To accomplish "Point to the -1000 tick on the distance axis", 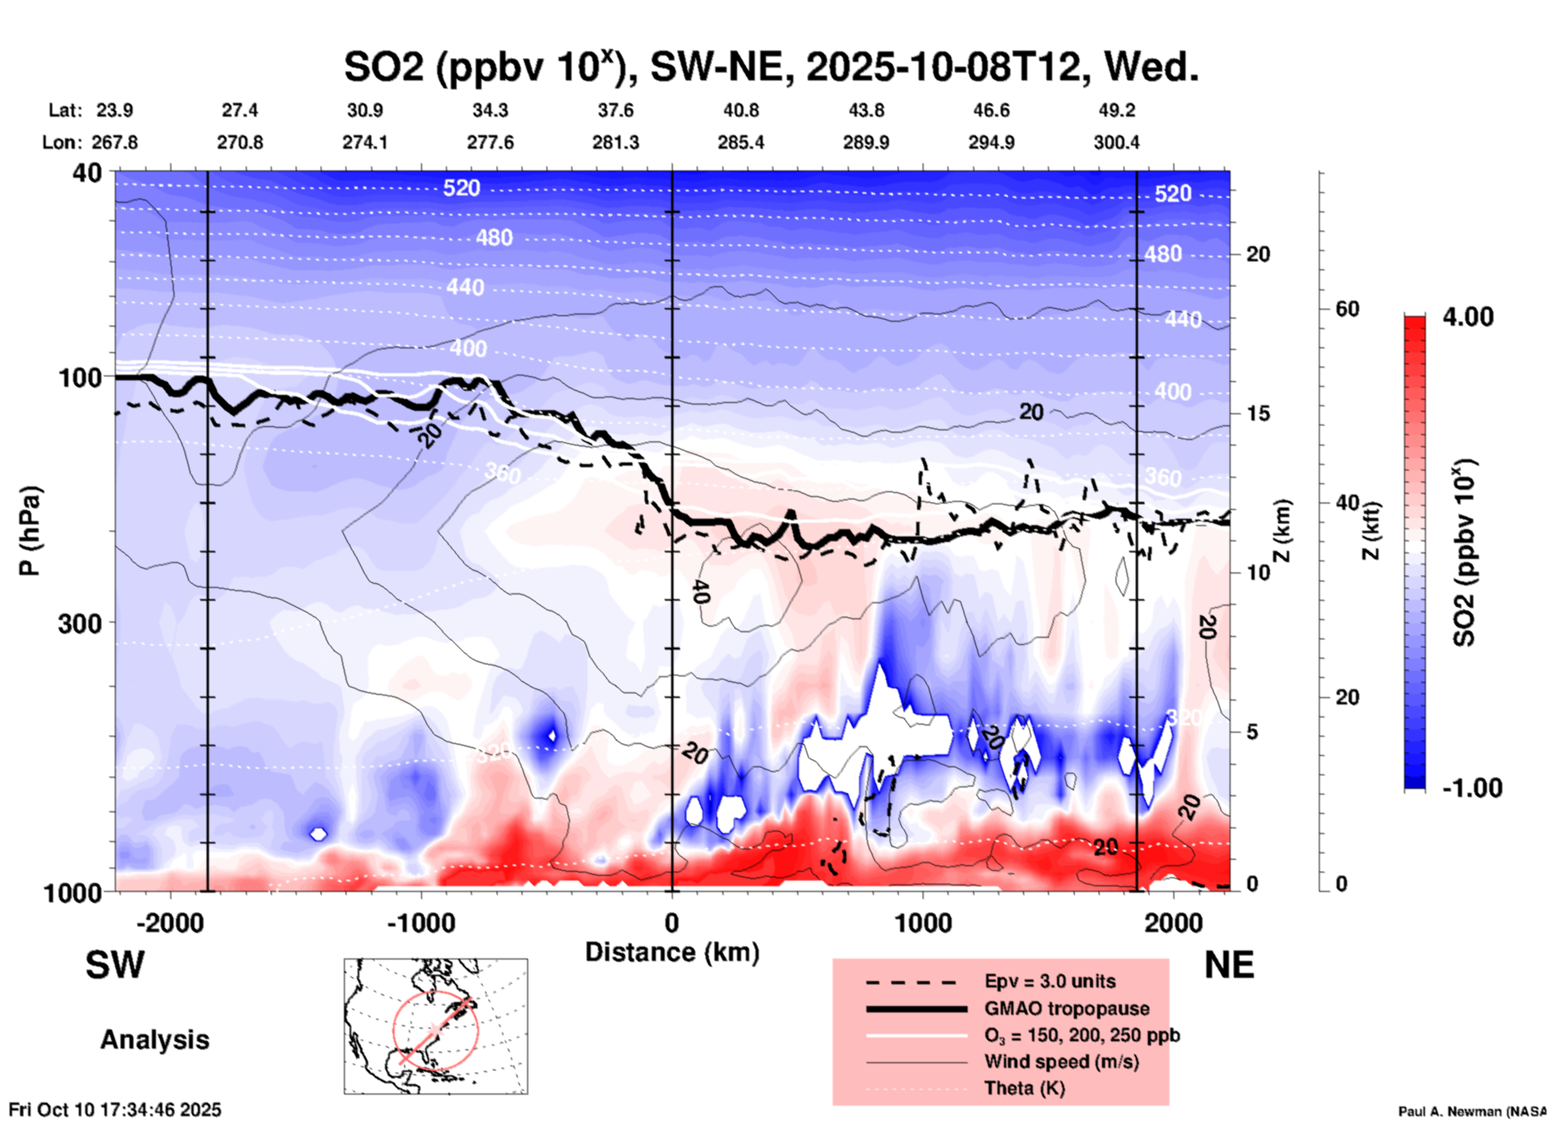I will click(x=421, y=922).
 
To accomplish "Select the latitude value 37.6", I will click(x=616, y=110).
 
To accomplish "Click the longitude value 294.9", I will click(x=991, y=142).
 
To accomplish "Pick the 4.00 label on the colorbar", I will click(x=1468, y=317).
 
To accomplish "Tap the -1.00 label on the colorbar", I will click(x=1472, y=787).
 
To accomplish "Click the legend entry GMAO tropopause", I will click(x=1067, y=1008).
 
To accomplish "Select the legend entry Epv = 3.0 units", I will click(x=1050, y=981).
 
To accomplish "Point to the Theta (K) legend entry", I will click(x=1024, y=1088).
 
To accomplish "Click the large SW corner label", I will click(x=115, y=965).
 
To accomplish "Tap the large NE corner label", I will click(x=1229, y=965).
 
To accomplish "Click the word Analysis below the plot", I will click(x=154, y=1040).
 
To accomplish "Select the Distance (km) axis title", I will click(x=672, y=952).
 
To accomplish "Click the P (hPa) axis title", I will click(x=30, y=531).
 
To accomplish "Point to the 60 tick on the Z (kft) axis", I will click(x=1347, y=309).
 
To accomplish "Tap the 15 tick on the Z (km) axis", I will click(x=1258, y=413).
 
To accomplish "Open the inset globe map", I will click(x=436, y=1025).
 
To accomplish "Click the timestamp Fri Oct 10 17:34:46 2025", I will click(x=115, y=1110).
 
